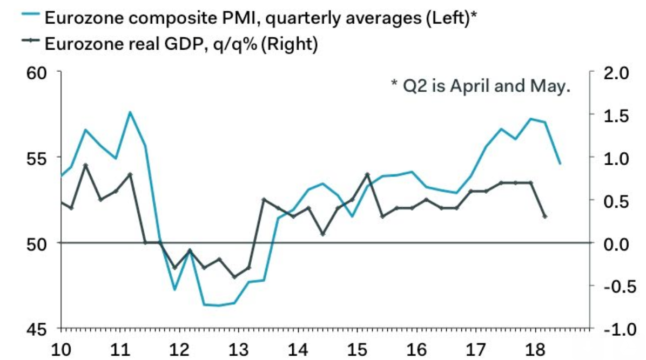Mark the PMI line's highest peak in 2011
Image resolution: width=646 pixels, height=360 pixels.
[x=130, y=112]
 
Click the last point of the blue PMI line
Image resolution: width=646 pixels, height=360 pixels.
[x=560, y=163]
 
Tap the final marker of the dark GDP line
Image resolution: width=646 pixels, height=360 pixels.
[x=545, y=216]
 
